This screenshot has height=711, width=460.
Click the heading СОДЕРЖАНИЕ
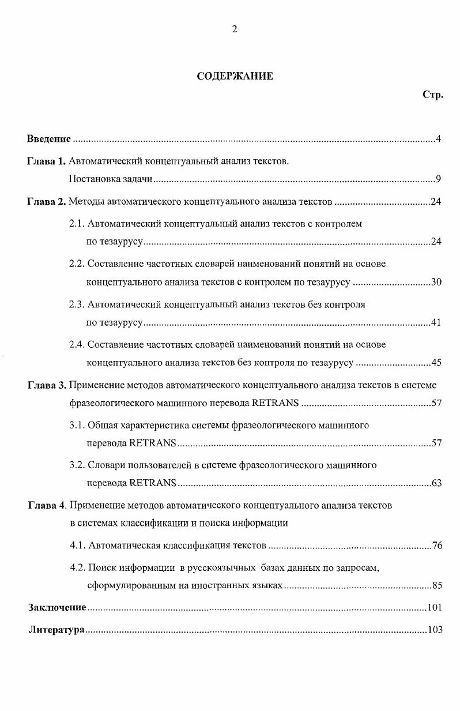235,76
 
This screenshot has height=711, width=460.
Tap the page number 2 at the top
235,30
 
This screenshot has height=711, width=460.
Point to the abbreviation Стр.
432,95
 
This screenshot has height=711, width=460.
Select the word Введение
49,139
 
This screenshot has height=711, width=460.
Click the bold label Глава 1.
47,161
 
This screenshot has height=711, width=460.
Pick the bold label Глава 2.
47,202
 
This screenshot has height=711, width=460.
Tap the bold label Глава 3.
47,385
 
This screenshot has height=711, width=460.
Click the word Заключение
57,607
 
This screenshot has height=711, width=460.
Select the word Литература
56,630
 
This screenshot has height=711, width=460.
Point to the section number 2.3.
77,304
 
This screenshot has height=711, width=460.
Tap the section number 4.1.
78,546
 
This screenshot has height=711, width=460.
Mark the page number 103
435,630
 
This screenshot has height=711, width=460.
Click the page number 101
435,607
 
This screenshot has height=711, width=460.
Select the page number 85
437,586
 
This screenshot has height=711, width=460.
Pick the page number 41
436,322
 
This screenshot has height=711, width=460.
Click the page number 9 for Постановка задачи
439,179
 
